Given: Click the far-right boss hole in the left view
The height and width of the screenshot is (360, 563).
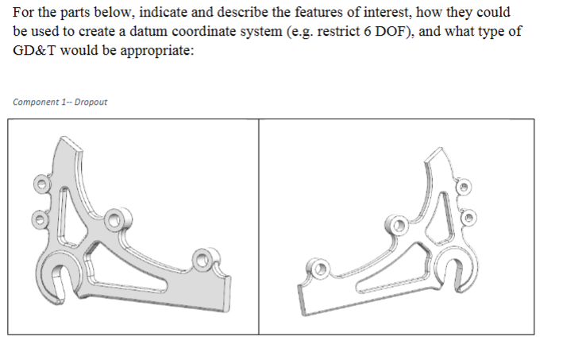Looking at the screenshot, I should click(x=203, y=257).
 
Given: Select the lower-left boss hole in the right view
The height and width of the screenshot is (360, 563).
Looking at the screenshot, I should click(x=321, y=269).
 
